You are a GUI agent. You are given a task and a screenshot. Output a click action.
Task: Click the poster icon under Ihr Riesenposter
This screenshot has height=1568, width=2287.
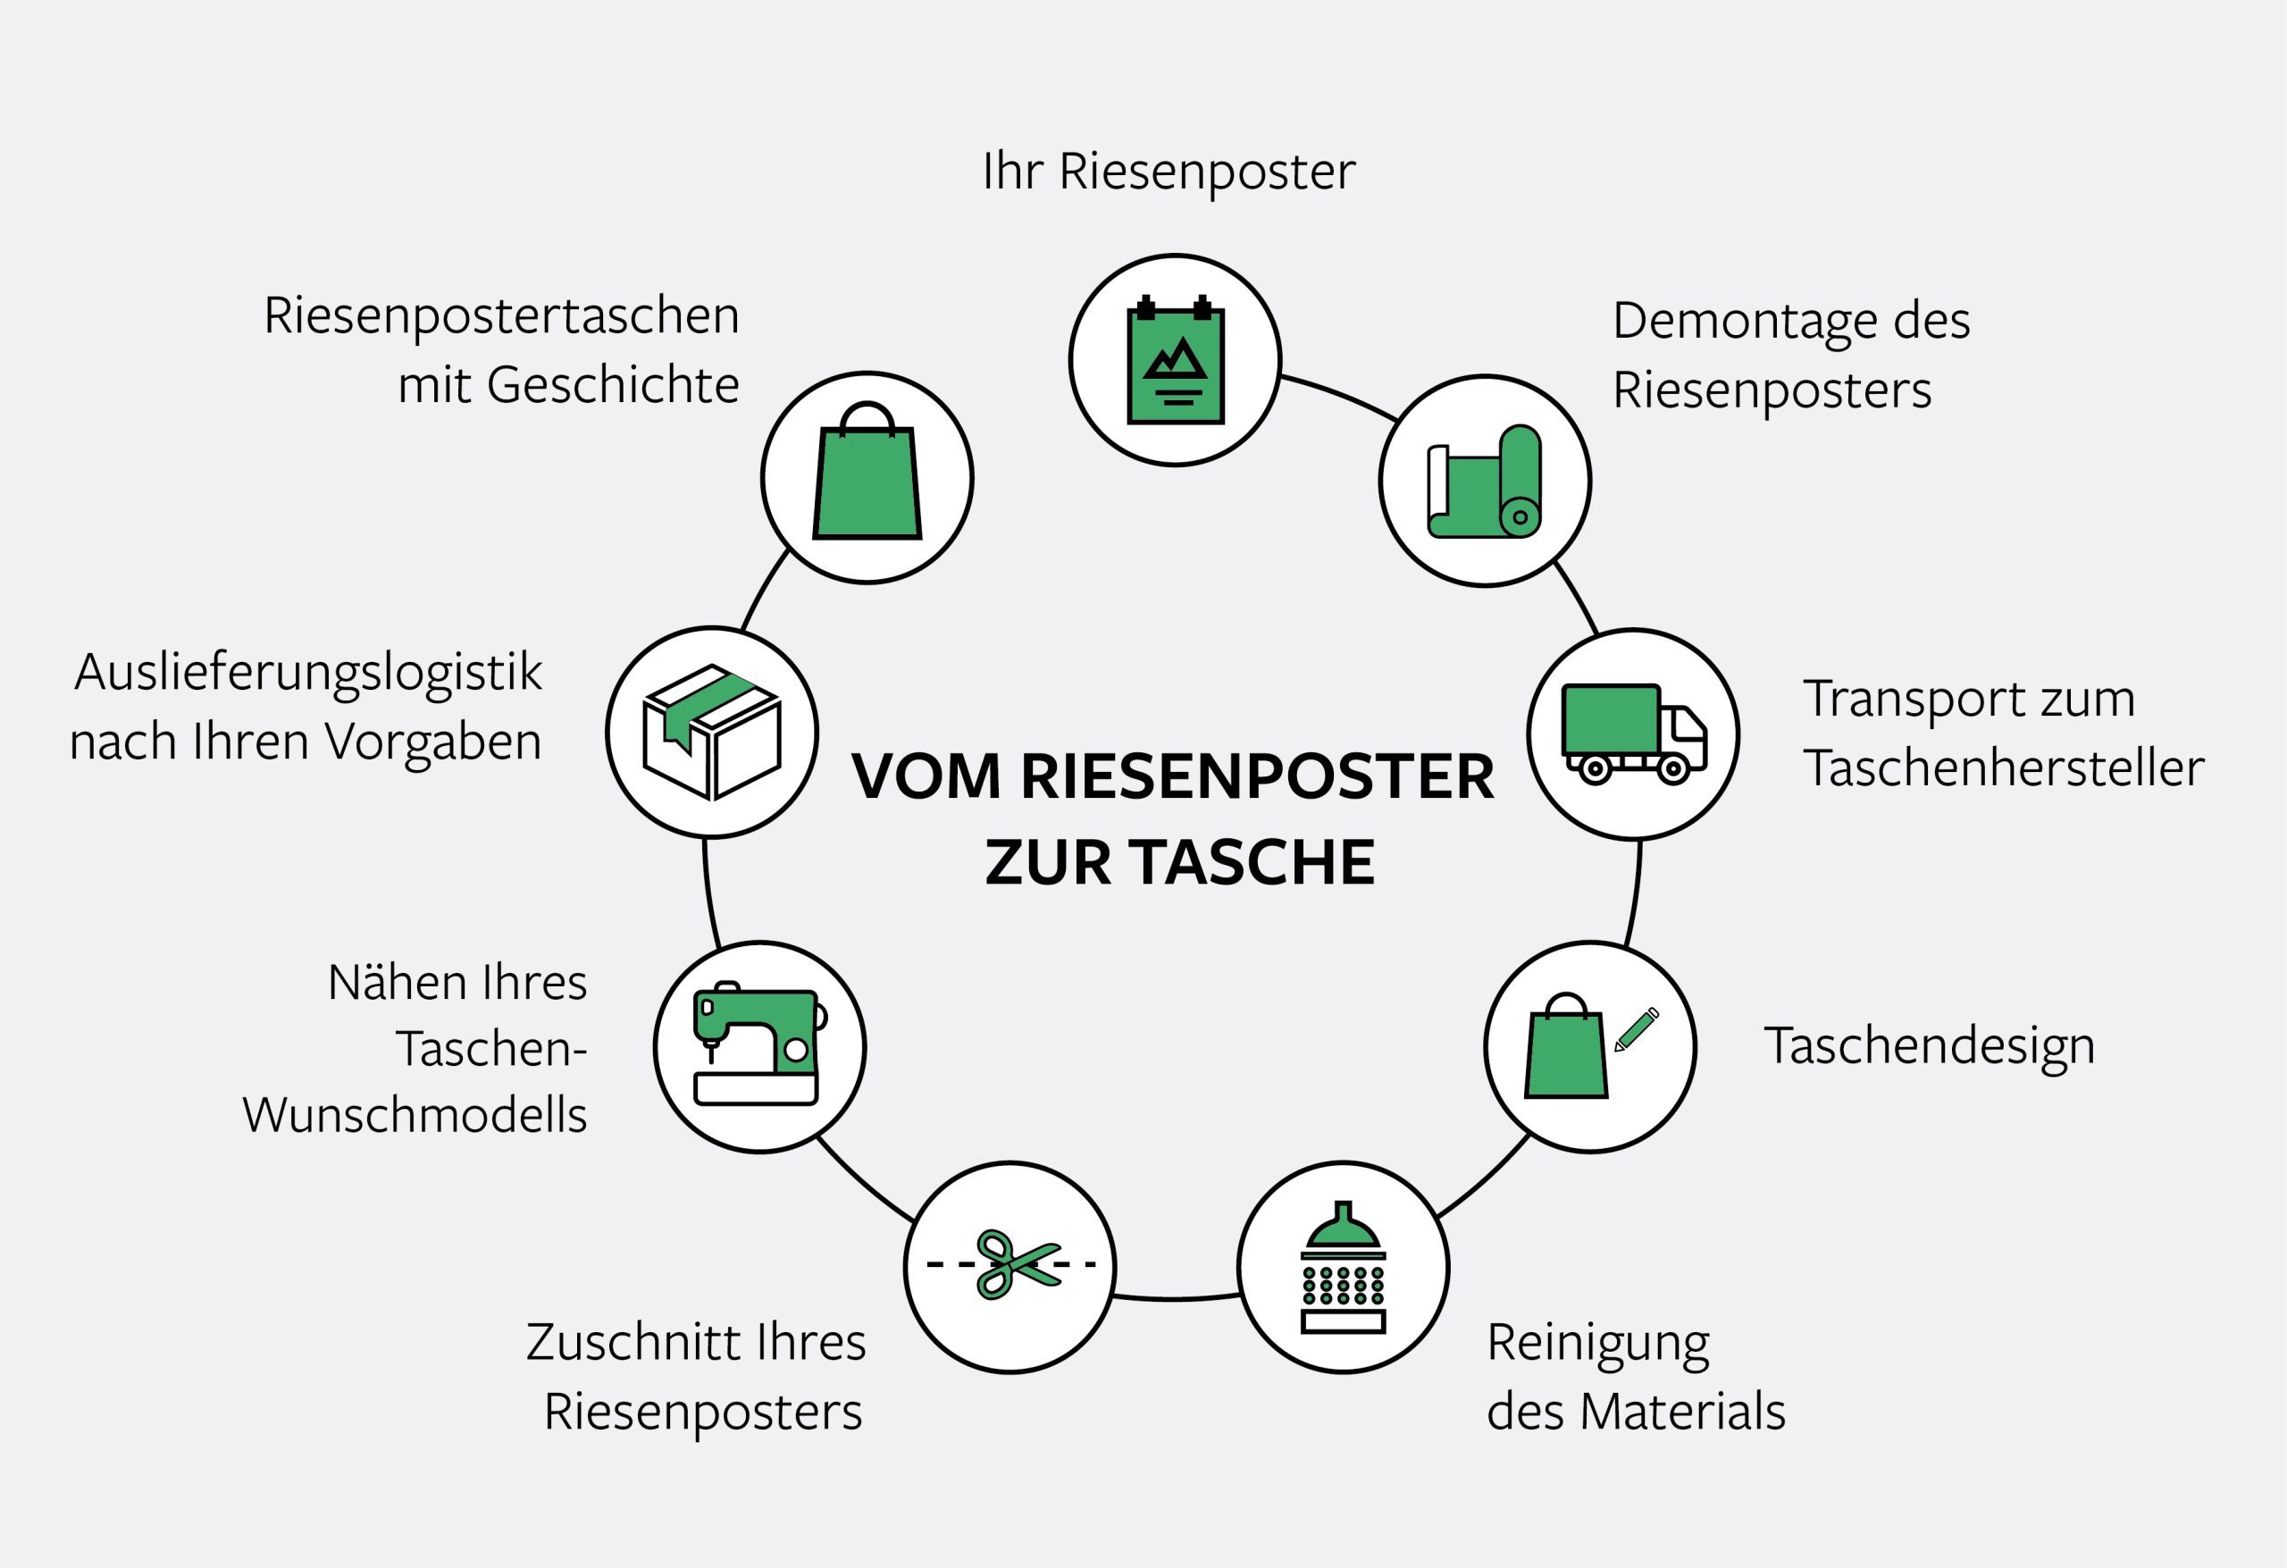click(x=1175, y=361)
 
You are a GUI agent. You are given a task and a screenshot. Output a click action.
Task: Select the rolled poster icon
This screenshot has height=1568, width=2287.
click(x=1484, y=482)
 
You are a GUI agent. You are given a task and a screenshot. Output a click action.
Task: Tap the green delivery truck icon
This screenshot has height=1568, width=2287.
click(x=1634, y=734)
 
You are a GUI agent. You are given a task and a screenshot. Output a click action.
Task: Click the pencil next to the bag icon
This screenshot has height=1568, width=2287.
click(x=1637, y=1028)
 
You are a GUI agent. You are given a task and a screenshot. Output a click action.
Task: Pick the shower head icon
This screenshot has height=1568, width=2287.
click(x=1344, y=1268)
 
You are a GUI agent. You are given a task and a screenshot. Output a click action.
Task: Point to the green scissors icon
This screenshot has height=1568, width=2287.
click(x=1014, y=1265)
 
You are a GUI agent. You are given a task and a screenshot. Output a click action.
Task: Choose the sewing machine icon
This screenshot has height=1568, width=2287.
click(x=758, y=1047)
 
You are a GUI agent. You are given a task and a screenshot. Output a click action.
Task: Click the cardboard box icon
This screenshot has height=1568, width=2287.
click(x=711, y=733)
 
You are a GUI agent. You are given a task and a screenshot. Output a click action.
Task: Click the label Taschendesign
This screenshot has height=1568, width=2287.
click(x=1929, y=1046)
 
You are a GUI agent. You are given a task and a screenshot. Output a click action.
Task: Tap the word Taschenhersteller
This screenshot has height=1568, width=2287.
click(x=2004, y=768)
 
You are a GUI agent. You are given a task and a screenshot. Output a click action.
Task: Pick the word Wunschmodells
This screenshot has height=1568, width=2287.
click(x=415, y=1116)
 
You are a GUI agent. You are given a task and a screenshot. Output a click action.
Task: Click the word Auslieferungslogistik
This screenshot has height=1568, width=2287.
click(x=308, y=675)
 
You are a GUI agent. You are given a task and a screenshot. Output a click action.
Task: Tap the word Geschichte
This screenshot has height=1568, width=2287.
click(x=612, y=385)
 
